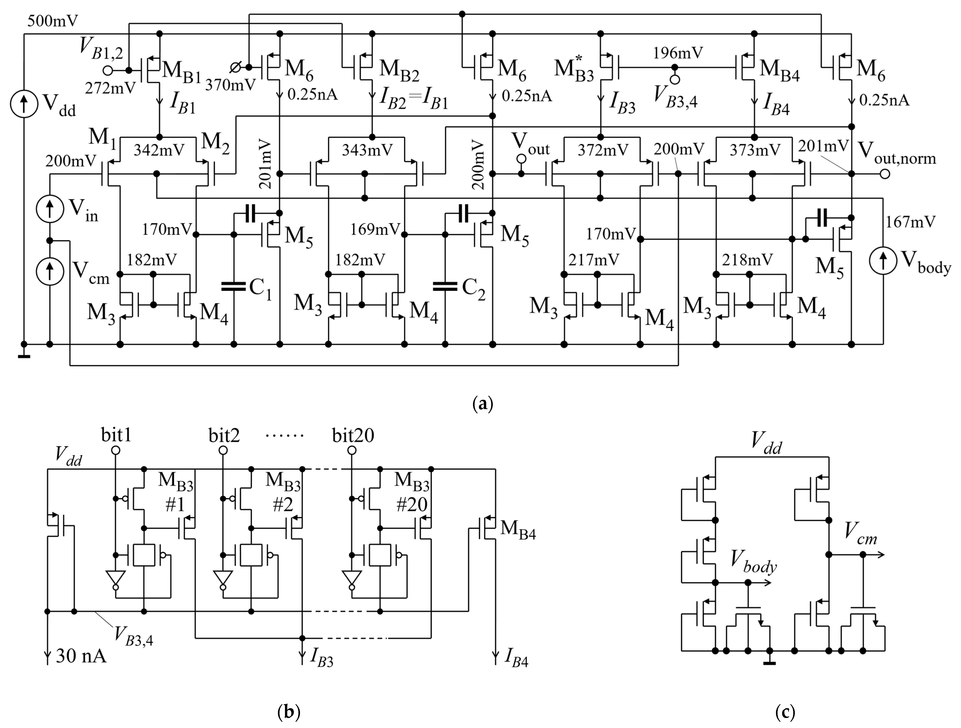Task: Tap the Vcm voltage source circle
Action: pyautogui.click(x=50, y=272)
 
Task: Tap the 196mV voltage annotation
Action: pyautogui.click(x=678, y=53)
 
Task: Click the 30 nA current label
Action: pyautogui.click(x=81, y=656)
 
